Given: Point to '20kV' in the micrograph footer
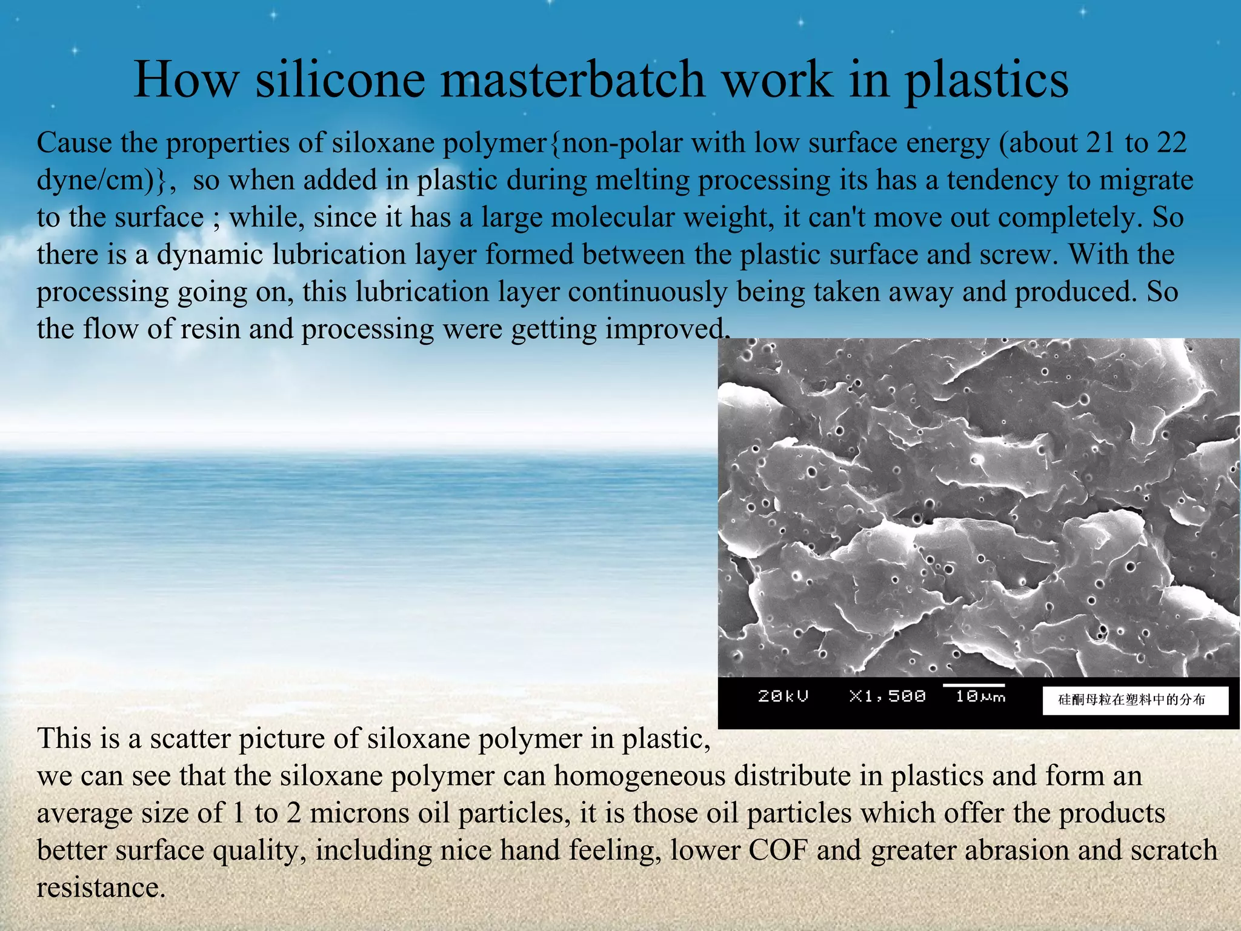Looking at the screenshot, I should coord(783,696).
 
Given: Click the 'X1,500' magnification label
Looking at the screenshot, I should coord(887,696).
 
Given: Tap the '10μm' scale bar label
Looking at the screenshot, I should coord(980,696).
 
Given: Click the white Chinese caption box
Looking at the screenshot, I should coord(1135,700).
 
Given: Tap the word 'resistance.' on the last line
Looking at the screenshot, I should coord(101,887).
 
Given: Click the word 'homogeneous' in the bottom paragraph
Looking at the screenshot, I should coord(640,776).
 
